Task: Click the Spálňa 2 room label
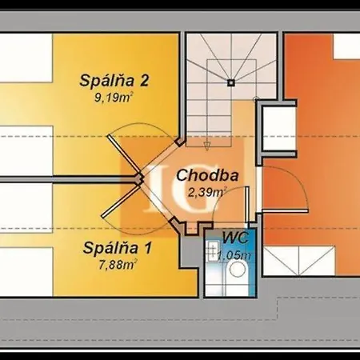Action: pyautogui.click(x=114, y=81)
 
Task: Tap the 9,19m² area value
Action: pyautogui.click(x=114, y=98)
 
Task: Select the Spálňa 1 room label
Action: pyautogui.click(x=118, y=248)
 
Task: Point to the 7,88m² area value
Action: pyautogui.click(x=118, y=265)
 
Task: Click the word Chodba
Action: pyautogui.click(x=207, y=176)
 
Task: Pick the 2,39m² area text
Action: pyautogui.click(x=207, y=192)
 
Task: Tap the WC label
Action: pyautogui.click(x=236, y=238)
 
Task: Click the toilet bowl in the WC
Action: pyautogui.click(x=238, y=269)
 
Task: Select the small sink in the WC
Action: pyautogui.click(x=213, y=250)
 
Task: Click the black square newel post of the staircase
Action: pyautogui.click(x=231, y=83)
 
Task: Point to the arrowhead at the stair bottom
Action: pyautogui.click(x=206, y=146)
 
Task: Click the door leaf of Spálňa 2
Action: pyautogui.click(x=124, y=156)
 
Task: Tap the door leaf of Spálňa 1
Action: pyautogui.click(x=121, y=202)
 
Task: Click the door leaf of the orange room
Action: pyautogui.click(x=285, y=211)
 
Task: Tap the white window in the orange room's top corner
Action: pyautogui.click(x=346, y=46)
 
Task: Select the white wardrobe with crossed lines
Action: pyautogui.click(x=298, y=261)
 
